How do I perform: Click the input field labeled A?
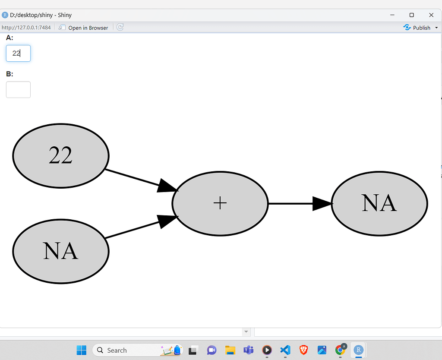(x=18, y=54)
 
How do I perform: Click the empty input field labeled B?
(x=18, y=90)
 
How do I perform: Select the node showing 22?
(x=61, y=156)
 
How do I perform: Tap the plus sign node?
(x=220, y=203)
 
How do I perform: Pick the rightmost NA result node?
(x=379, y=203)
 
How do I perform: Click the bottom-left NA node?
(x=61, y=251)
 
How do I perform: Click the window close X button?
(x=431, y=15)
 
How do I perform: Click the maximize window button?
(x=412, y=15)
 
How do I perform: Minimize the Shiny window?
(x=392, y=15)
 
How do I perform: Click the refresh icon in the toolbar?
(x=120, y=27)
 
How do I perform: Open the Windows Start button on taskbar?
(x=81, y=350)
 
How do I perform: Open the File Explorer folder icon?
(x=230, y=350)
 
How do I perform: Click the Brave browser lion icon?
(x=303, y=350)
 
